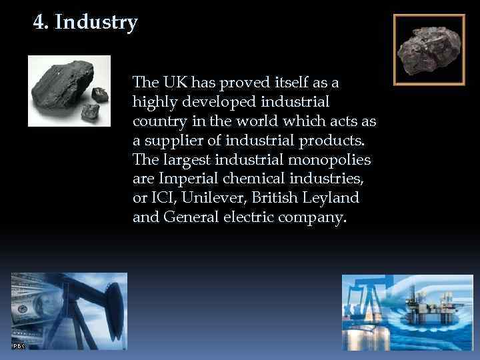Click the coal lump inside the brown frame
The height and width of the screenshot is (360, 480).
(x=428, y=51)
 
